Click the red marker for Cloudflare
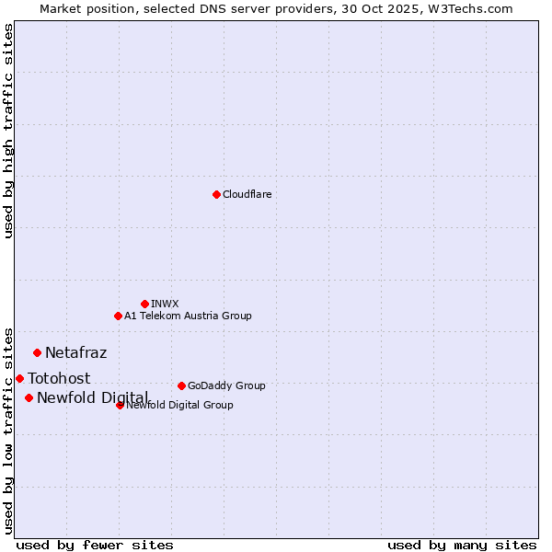pos(216,194)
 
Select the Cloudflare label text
pos(247,194)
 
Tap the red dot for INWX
pos(144,304)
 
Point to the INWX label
pos(165,304)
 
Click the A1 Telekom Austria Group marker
pos(118,316)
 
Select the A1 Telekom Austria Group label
pos(188,316)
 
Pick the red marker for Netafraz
pos(37,352)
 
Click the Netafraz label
pos(75,352)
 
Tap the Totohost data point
pos(19,378)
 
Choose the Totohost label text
pos(59,378)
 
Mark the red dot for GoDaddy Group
pos(181,385)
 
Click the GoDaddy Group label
pos(226,385)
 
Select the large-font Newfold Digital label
pos(92,397)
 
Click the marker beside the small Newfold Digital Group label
pos(120,405)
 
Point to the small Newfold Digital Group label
pos(180,405)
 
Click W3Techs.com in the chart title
pos(470,8)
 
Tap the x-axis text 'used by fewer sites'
pos(95,545)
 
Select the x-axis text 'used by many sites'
pos(462,545)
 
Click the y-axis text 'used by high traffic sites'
pos(8,132)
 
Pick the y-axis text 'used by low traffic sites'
pos(8,430)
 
